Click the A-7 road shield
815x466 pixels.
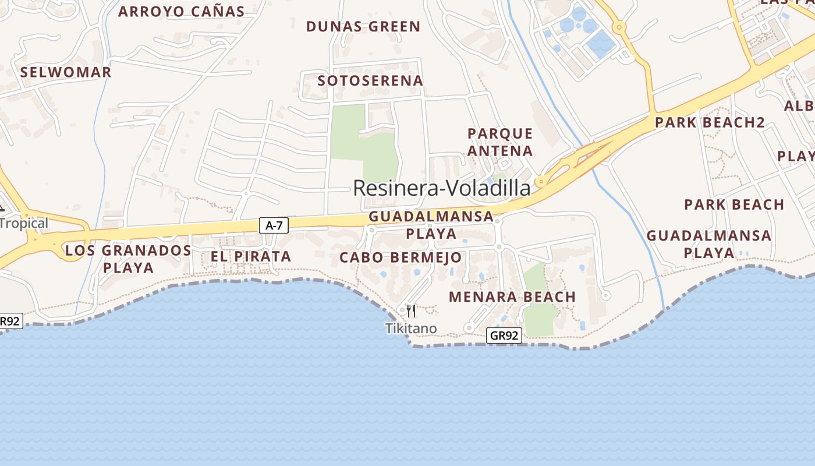pos(274,225)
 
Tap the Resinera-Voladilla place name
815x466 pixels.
pos(442,188)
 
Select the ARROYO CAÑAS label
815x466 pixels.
pos(182,12)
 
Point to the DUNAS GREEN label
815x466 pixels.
pos(363,27)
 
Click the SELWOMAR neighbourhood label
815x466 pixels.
pos(66,73)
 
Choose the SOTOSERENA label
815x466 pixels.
pos(370,81)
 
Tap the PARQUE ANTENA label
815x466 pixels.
pos(500,142)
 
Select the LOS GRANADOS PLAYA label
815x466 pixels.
pos(127,259)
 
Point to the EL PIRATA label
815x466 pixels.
pos(250,256)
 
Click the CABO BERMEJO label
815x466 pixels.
pos(401,257)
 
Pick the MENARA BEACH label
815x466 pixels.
pos(512,297)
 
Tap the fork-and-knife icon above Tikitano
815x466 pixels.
pos(411,310)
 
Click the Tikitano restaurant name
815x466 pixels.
pos(411,329)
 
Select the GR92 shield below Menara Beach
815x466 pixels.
pos(504,336)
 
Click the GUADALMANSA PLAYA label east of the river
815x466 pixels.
pos(709,244)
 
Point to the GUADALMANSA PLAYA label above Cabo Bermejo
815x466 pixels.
pos(431,225)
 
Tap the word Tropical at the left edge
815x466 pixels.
pos(24,224)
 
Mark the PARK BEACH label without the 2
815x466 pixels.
pos(734,205)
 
